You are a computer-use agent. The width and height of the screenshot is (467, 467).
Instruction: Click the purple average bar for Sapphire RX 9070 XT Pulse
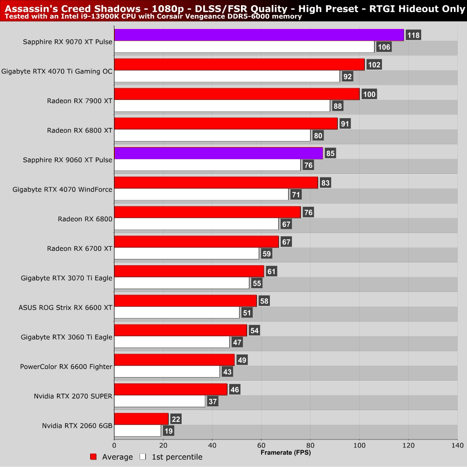click(259, 35)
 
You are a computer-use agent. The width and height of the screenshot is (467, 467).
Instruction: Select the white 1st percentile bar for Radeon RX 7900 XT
click(222, 106)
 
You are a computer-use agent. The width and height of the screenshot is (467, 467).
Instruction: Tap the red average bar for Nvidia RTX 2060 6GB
click(141, 419)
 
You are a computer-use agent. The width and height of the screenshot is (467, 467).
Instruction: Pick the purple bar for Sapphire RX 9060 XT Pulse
click(219, 153)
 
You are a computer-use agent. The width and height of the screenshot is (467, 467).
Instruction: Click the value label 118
click(413, 35)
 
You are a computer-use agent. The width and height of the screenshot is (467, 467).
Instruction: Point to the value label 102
click(374, 65)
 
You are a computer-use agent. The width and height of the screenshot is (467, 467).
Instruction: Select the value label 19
click(169, 431)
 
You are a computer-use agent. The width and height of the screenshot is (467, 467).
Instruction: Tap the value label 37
click(212, 402)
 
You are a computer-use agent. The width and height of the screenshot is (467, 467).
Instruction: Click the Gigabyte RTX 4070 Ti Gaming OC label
click(57, 71)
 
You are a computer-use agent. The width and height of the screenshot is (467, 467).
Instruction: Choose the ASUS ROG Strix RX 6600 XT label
click(65, 307)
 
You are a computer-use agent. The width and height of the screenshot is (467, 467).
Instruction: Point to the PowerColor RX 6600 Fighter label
click(66, 367)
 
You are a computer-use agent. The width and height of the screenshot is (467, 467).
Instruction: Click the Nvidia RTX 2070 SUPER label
click(73, 396)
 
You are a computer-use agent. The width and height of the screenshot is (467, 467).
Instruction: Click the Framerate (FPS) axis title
click(285, 453)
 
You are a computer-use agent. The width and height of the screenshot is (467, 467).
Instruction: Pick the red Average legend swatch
click(93, 457)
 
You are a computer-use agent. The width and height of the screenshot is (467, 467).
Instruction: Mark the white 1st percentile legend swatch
click(143, 457)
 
